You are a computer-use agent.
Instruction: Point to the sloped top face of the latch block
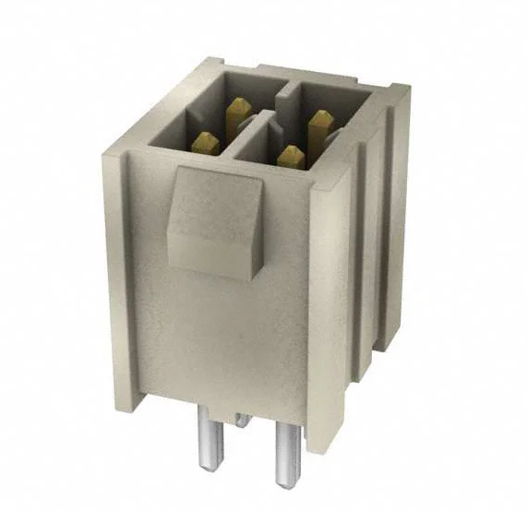click(214, 189)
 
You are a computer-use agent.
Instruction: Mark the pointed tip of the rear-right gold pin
click(321, 114)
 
